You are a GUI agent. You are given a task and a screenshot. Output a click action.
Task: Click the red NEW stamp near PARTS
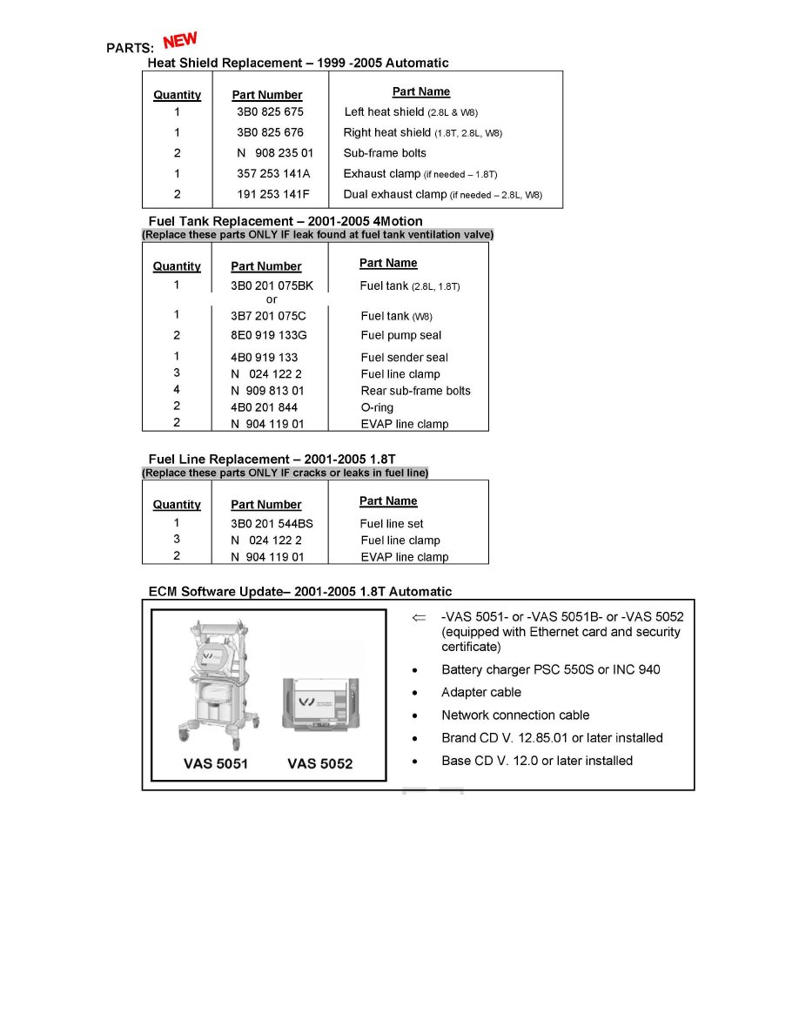point(180,40)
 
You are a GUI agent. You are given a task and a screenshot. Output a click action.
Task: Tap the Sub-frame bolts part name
point(385,153)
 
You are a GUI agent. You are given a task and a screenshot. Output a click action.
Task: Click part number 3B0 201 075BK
point(272,286)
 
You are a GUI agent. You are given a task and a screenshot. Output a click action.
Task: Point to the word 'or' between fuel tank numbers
point(272,300)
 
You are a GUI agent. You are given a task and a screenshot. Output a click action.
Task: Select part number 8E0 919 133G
point(269,336)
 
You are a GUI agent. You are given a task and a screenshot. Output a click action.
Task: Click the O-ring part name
point(377,408)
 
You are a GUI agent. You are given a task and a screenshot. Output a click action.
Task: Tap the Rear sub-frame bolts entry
point(415,392)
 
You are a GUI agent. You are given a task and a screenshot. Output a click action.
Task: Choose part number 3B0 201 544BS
point(272,525)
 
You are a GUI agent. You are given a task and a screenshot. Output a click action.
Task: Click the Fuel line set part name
point(392,525)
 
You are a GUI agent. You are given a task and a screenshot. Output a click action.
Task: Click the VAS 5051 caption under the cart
point(216,764)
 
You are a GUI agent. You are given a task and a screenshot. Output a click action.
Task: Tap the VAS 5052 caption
point(319,764)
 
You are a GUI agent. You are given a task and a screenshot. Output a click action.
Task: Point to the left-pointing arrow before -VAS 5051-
point(419,617)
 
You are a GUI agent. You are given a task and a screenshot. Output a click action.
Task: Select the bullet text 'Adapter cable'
point(481,693)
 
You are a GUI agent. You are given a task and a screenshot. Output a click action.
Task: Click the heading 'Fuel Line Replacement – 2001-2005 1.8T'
point(272,460)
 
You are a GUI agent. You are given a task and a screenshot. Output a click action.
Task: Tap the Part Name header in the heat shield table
point(421,92)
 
